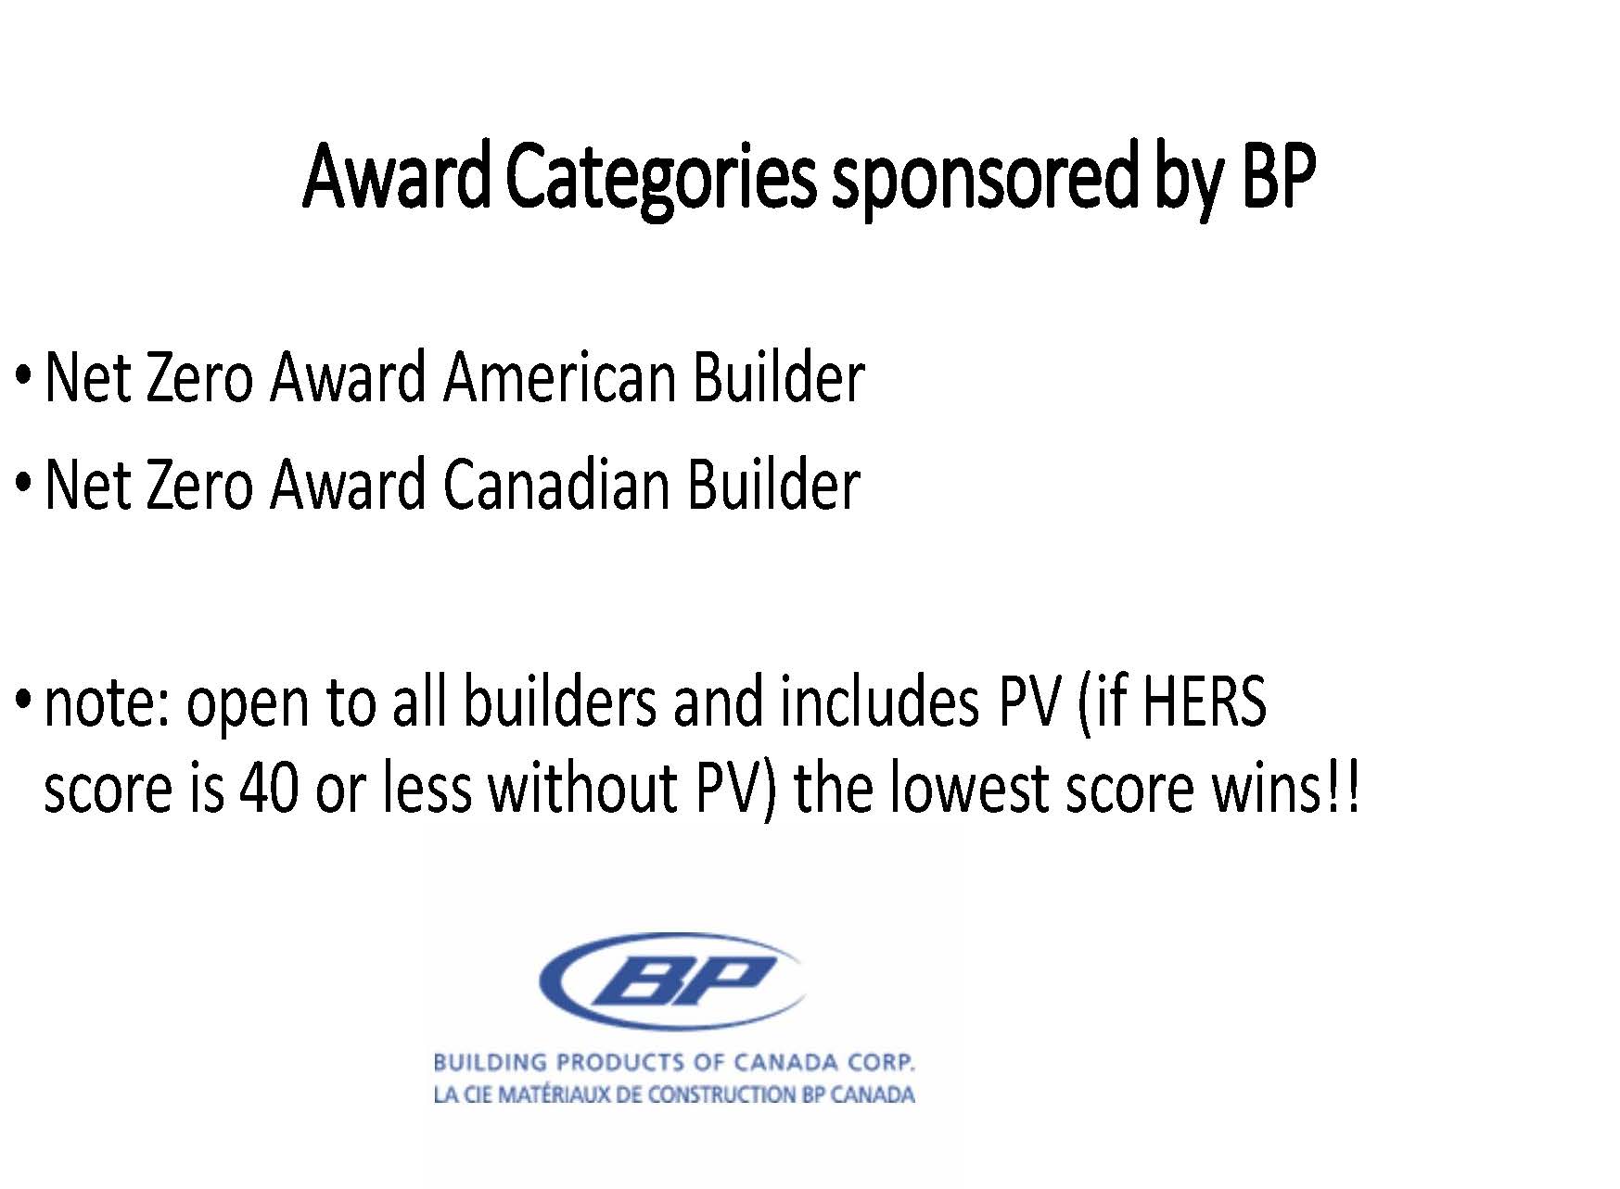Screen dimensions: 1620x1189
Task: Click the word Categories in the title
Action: (x=661, y=180)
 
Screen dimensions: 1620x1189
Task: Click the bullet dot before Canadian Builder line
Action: (x=25, y=485)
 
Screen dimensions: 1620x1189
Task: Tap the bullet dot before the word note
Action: (x=25, y=702)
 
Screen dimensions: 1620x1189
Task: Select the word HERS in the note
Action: (x=1203, y=702)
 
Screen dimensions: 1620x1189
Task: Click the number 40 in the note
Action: (x=269, y=789)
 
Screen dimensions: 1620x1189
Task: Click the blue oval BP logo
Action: (x=671, y=980)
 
